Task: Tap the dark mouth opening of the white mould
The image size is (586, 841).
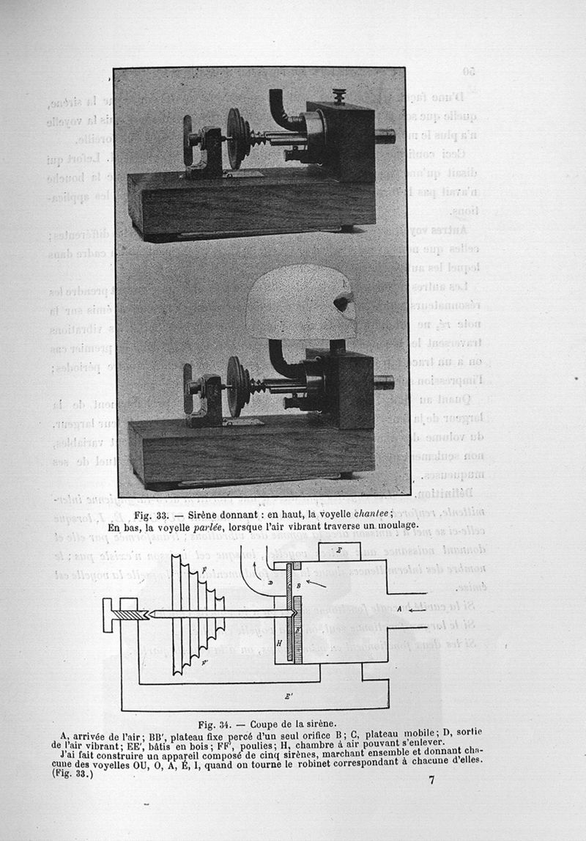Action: [342, 303]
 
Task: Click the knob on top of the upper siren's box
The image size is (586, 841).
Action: [338, 95]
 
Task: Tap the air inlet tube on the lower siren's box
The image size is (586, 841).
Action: [384, 382]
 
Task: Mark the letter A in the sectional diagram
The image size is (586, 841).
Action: [398, 609]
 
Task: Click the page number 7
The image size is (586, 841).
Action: [431, 779]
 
